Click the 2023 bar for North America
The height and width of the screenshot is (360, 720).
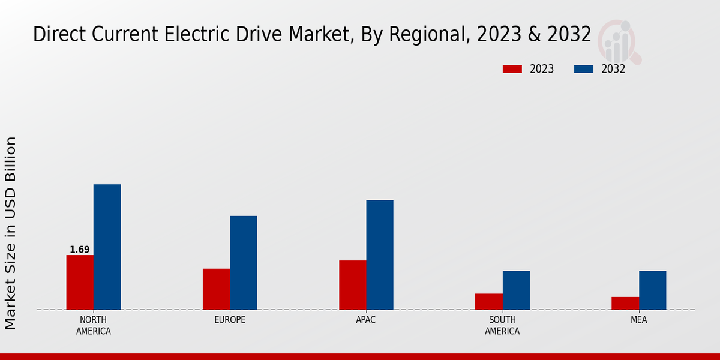pos(80,282)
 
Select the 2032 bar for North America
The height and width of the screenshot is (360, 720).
pos(107,247)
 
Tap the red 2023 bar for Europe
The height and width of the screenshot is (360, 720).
pos(216,289)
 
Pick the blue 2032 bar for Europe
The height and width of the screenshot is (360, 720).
pos(243,262)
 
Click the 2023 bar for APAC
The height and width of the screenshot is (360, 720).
pos(352,285)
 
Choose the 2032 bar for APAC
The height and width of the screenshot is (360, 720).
pos(380,254)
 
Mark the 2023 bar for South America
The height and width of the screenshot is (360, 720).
pos(488,301)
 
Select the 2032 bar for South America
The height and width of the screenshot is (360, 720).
pos(516,290)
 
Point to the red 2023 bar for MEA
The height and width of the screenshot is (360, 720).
pos(625,303)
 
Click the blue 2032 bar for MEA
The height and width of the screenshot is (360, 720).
pos(652,290)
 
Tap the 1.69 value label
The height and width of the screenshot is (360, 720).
pos(80,250)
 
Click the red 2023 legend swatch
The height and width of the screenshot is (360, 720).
pos(512,69)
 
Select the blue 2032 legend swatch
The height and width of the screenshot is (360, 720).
pos(583,69)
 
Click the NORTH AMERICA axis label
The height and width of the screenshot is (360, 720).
pos(94,325)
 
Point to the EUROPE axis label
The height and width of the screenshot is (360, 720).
pos(230,320)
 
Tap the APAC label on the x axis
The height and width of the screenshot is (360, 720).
pos(366,320)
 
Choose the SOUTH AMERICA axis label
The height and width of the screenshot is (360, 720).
pos(502,325)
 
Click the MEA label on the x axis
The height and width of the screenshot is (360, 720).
pos(638,320)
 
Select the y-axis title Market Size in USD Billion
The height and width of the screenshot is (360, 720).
pos(11,233)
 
